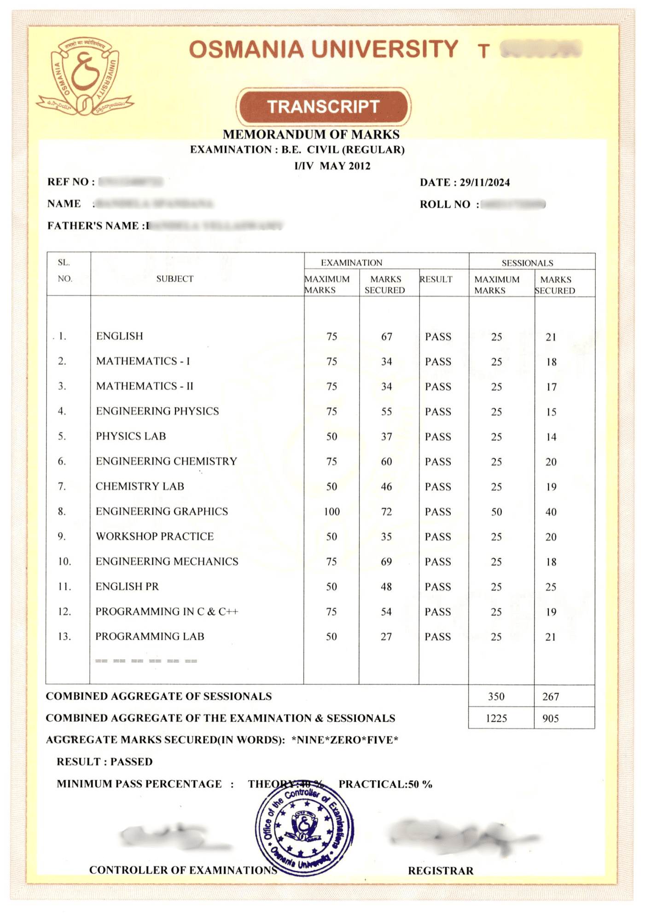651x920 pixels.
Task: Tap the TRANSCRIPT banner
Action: click(323, 107)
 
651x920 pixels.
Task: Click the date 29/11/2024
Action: click(484, 183)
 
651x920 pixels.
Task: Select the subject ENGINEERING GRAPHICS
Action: click(162, 512)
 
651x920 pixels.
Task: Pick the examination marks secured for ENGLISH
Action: click(386, 337)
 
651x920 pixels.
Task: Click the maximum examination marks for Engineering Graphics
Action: click(331, 512)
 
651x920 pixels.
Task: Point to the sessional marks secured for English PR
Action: click(551, 587)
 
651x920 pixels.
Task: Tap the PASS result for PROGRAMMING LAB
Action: click(437, 637)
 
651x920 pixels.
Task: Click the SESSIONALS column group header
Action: click(527, 263)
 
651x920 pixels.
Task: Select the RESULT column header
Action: click(436, 279)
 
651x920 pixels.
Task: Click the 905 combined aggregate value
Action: click(550, 719)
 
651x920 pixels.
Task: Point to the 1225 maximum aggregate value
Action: click(496, 719)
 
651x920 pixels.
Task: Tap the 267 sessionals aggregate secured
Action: click(550, 697)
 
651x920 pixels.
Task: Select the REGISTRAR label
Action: click(441, 871)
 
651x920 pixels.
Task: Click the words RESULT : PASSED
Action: click(105, 762)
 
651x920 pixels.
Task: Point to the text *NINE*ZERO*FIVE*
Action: click(345, 740)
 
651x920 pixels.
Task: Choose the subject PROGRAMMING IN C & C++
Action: click(167, 612)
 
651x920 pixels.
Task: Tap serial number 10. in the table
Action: click(64, 562)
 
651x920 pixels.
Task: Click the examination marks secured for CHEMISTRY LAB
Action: click(386, 487)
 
